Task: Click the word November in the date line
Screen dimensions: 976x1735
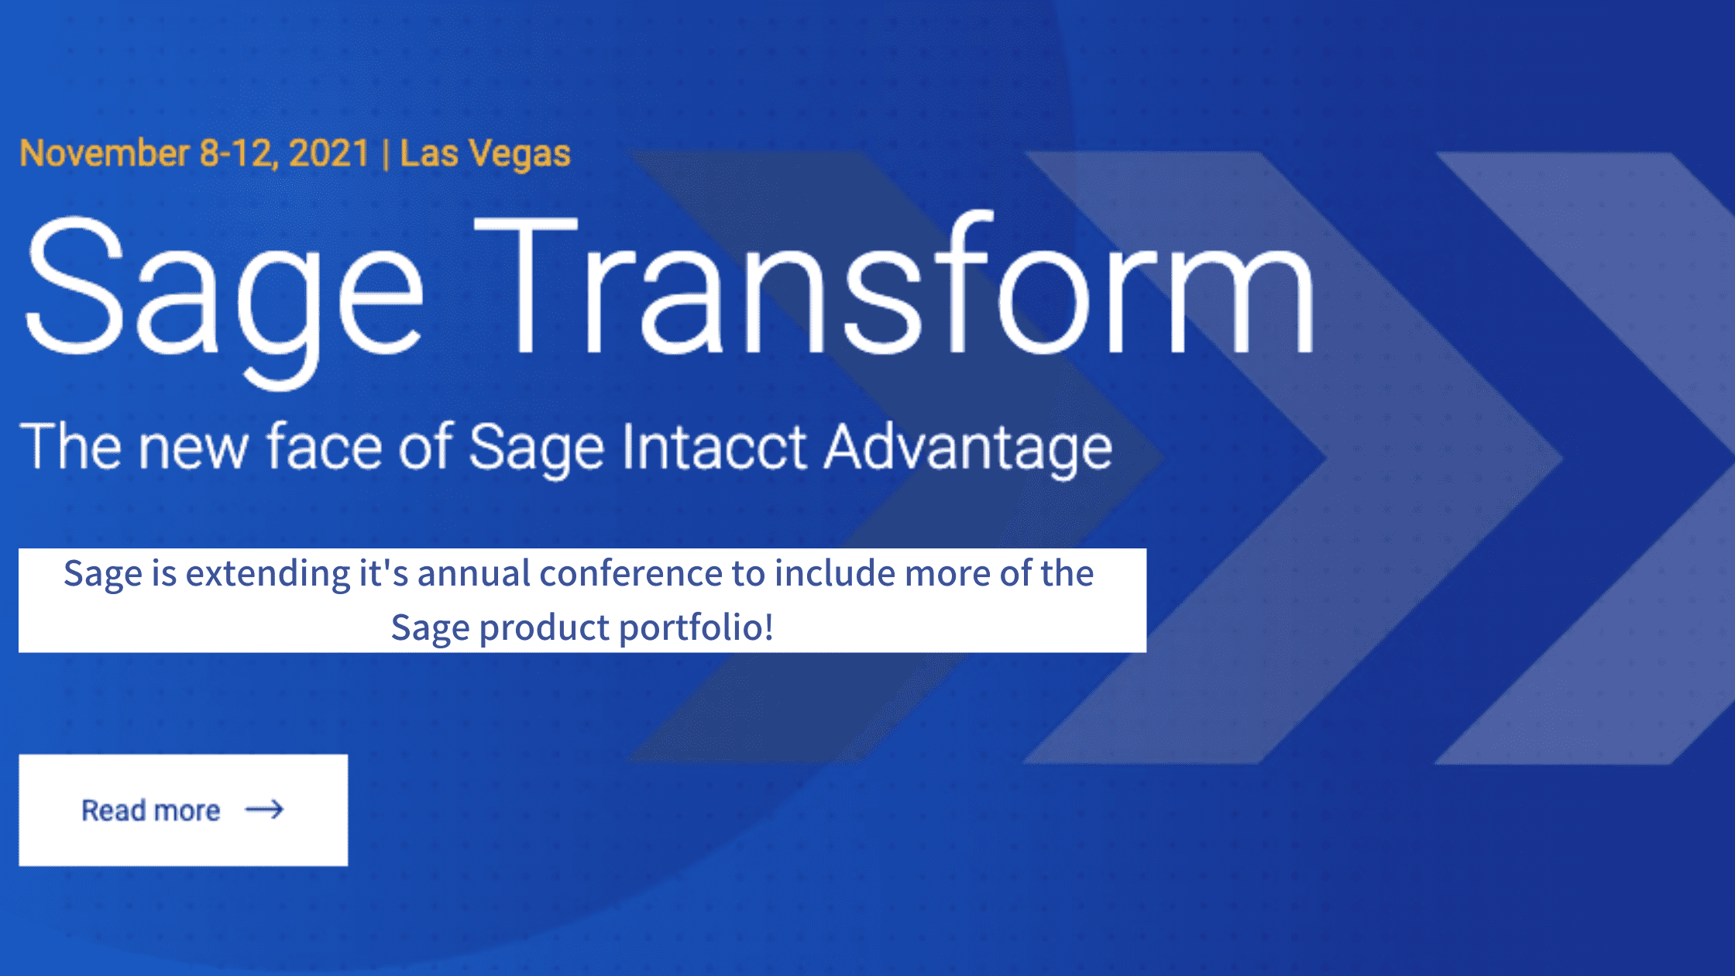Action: (x=104, y=153)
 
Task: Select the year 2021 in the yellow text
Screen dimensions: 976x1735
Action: (x=328, y=153)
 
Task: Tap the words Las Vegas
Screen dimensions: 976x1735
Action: (x=485, y=153)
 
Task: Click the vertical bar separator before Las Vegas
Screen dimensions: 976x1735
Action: (x=385, y=153)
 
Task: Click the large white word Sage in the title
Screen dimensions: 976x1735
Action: (x=225, y=290)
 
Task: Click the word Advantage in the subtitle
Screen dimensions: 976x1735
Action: (x=967, y=448)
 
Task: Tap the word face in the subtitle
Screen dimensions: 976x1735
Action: (x=324, y=448)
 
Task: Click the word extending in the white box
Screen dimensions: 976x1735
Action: (x=267, y=574)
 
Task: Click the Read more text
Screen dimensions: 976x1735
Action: (x=151, y=810)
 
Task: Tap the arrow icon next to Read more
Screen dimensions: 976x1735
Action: (x=264, y=810)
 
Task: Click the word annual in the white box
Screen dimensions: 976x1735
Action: (x=473, y=574)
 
